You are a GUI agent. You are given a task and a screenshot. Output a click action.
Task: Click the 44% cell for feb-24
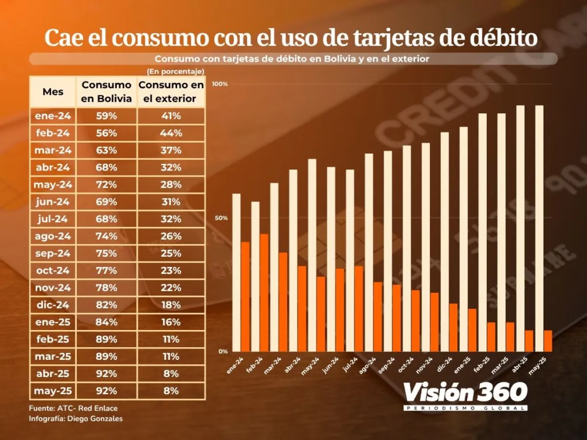click(x=171, y=133)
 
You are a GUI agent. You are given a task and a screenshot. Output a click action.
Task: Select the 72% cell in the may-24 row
click(x=107, y=185)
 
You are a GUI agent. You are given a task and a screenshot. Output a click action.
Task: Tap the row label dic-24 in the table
click(x=52, y=305)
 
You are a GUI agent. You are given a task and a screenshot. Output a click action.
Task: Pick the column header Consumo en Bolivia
click(x=107, y=91)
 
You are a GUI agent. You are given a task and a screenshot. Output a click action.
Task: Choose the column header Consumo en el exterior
click(x=171, y=91)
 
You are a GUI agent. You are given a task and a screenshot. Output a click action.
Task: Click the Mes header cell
click(x=53, y=91)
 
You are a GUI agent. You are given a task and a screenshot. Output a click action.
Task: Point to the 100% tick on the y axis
click(x=220, y=84)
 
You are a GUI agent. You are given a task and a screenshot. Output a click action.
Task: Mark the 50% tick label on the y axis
click(x=221, y=218)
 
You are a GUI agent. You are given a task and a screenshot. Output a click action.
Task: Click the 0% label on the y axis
click(x=223, y=352)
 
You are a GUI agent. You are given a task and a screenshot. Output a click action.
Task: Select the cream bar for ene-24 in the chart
click(x=236, y=272)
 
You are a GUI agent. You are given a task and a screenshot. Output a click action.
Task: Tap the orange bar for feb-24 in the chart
click(x=264, y=292)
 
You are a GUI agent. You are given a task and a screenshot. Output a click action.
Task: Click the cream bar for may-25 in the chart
click(x=539, y=228)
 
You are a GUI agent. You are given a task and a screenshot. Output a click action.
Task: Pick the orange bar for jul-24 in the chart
click(x=359, y=308)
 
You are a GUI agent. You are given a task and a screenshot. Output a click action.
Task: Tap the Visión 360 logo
click(x=465, y=396)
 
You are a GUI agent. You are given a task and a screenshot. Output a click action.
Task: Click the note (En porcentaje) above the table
click(x=176, y=72)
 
